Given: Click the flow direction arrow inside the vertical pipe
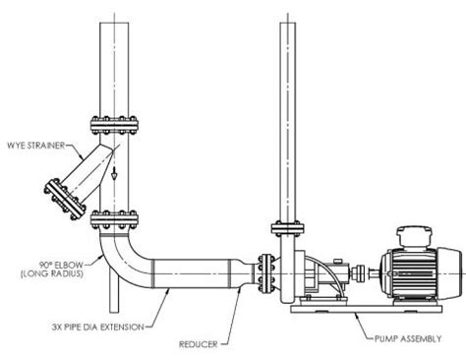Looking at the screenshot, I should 114,176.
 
